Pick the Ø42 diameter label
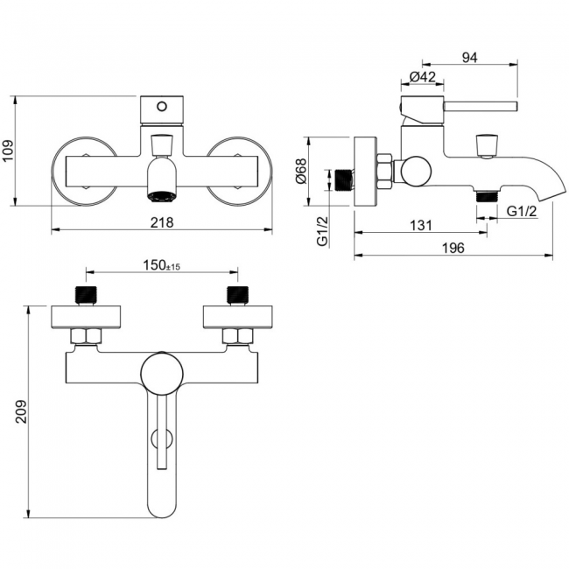(423, 78)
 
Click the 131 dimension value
(421, 226)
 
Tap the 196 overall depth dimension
(452, 248)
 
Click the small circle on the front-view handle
(160, 107)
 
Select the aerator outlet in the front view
(160, 192)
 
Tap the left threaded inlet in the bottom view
(86, 294)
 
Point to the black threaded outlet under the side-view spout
(481, 195)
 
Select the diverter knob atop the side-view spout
(487, 144)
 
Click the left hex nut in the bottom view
(86, 335)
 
